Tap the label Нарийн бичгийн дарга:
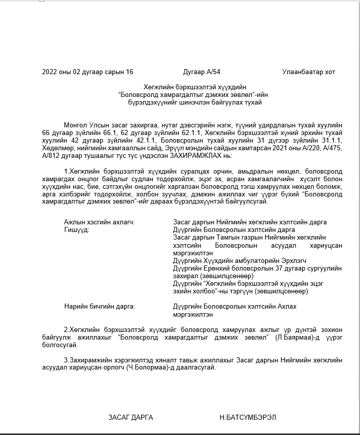click(100, 307)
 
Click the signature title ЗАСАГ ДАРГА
click(130, 417)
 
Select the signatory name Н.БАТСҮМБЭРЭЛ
click(248, 417)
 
